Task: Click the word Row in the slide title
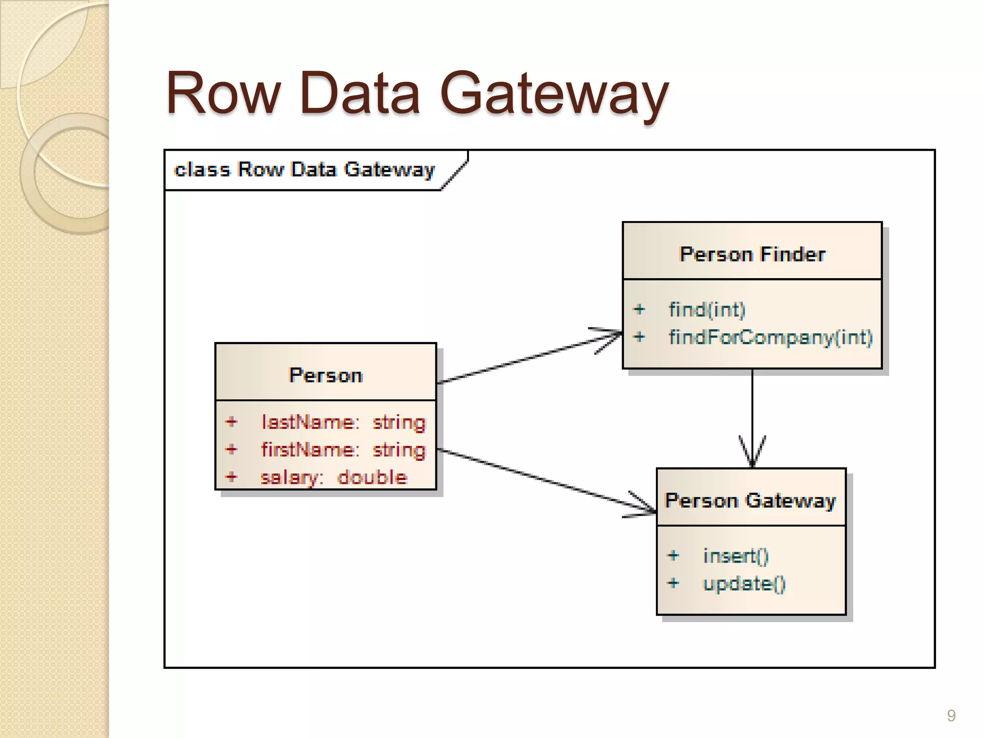tap(223, 94)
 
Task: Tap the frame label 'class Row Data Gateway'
tap(305, 170)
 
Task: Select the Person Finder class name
tap(752, 254)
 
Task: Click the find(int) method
tap(707, 309)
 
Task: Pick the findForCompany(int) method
tap(770, 337)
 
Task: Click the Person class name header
tap(326, 375)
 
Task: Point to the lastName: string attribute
tap(343, 422)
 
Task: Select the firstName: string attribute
tap(343, 450)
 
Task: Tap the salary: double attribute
tap(333, 478)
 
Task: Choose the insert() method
tap(736, 556)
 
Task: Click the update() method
tap(744, 584)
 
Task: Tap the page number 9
tap(951, 715)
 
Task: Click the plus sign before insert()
tap(673, 556)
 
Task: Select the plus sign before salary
tap(232, 477)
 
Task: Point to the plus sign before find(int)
tap(639, 309)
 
